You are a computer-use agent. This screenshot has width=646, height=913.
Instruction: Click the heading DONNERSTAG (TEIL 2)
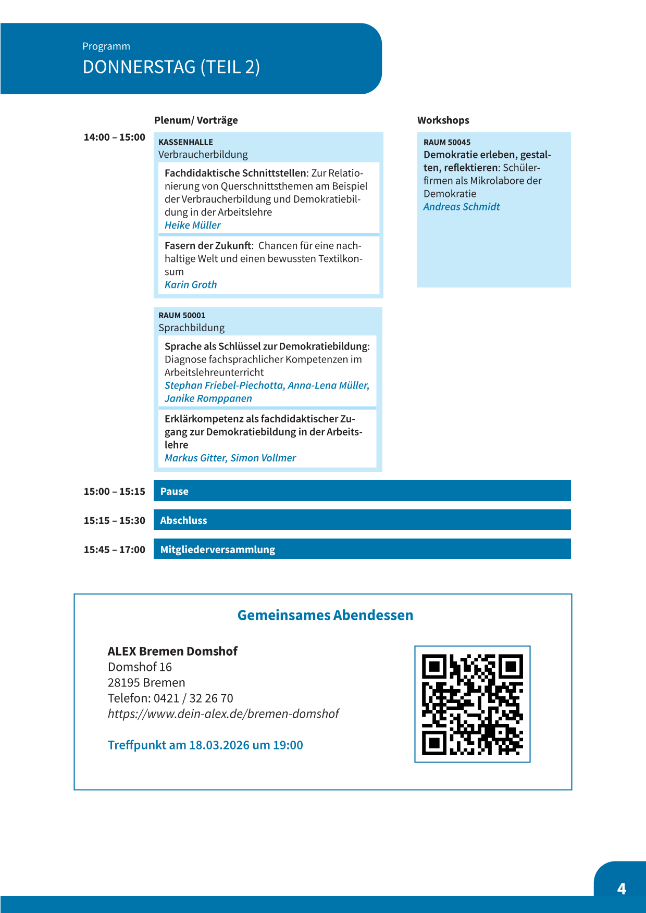171,67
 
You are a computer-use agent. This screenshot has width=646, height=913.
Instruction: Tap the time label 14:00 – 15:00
115,137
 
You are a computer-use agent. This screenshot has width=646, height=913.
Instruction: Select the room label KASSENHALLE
185,142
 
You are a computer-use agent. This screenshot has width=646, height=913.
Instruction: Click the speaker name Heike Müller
192,225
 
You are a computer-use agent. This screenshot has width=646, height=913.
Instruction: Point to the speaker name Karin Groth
190,285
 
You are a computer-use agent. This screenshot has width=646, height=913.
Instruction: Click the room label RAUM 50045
446,142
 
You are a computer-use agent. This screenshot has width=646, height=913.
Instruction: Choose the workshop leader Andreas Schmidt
461,207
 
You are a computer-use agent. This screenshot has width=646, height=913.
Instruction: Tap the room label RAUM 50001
182,316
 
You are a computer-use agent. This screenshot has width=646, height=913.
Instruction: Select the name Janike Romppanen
208,398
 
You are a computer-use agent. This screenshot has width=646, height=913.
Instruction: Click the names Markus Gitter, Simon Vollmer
230,458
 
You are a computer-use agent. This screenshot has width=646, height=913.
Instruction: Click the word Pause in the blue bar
174,491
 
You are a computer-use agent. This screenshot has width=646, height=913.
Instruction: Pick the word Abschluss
183,520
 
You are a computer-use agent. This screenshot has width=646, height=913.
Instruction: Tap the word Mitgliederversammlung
217,549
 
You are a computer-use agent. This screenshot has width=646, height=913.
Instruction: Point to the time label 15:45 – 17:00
115,549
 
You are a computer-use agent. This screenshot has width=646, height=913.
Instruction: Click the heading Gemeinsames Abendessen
325,615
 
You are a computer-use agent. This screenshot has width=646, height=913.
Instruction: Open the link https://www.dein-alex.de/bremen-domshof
223,714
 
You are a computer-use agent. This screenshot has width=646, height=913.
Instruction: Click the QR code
472,704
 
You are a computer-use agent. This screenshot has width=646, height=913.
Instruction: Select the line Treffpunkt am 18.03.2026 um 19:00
205,745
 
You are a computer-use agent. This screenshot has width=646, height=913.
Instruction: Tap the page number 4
621,889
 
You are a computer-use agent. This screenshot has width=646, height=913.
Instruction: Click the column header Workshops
443,120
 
